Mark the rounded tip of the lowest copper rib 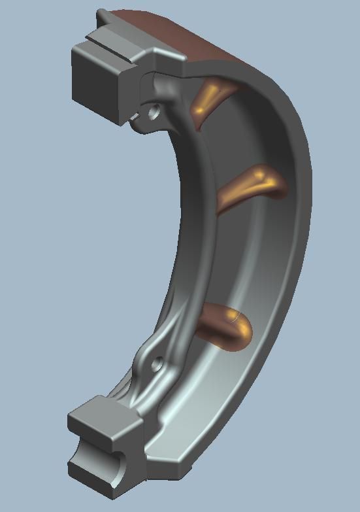(245, 330)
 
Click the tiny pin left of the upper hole (135, 116)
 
